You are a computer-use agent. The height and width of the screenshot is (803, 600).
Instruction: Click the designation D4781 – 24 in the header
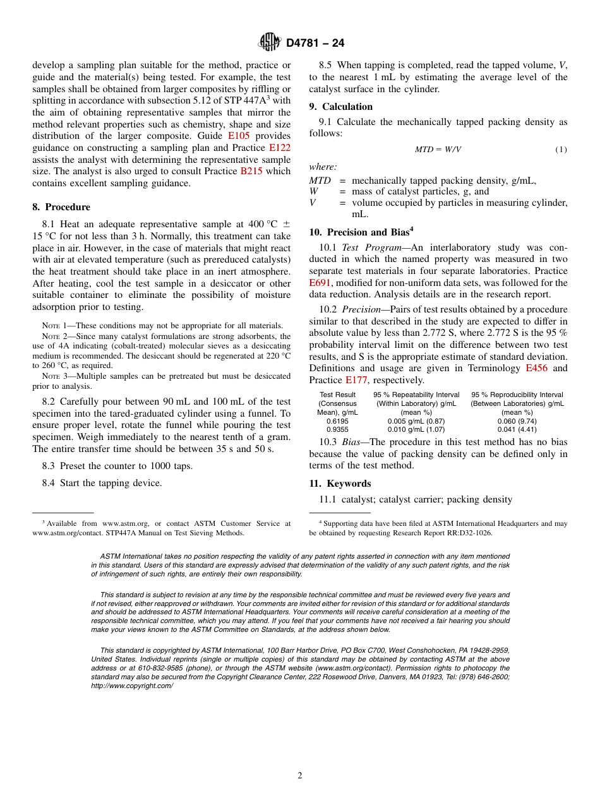[x=315, y=44]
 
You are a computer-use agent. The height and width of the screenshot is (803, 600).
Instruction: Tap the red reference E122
[x=280, y=148]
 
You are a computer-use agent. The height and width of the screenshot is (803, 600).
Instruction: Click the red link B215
[x=251, y=171]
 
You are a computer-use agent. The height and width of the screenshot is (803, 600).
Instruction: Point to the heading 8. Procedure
[x=61, y=207]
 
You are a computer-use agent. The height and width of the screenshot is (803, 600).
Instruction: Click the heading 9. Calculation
[x=341, y=107]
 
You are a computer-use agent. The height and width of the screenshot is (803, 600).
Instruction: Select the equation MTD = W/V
[x=438, y=150]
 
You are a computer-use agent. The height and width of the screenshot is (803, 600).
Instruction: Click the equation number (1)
[x=561, y=150]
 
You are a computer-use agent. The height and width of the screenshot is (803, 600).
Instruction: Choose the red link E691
[x=321, y=283]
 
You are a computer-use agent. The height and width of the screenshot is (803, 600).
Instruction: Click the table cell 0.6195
[x=337, y=421]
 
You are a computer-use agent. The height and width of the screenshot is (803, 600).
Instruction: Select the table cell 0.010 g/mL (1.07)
[x=416, y=430]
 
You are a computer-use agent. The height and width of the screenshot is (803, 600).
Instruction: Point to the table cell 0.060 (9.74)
[x=517, y=421]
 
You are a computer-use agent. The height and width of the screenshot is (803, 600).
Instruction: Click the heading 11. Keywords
[x=340, y=484]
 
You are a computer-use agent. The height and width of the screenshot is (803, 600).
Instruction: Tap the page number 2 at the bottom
[x=300, y=776]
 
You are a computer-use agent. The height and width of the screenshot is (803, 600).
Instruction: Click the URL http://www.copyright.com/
[x=131, y=686]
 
